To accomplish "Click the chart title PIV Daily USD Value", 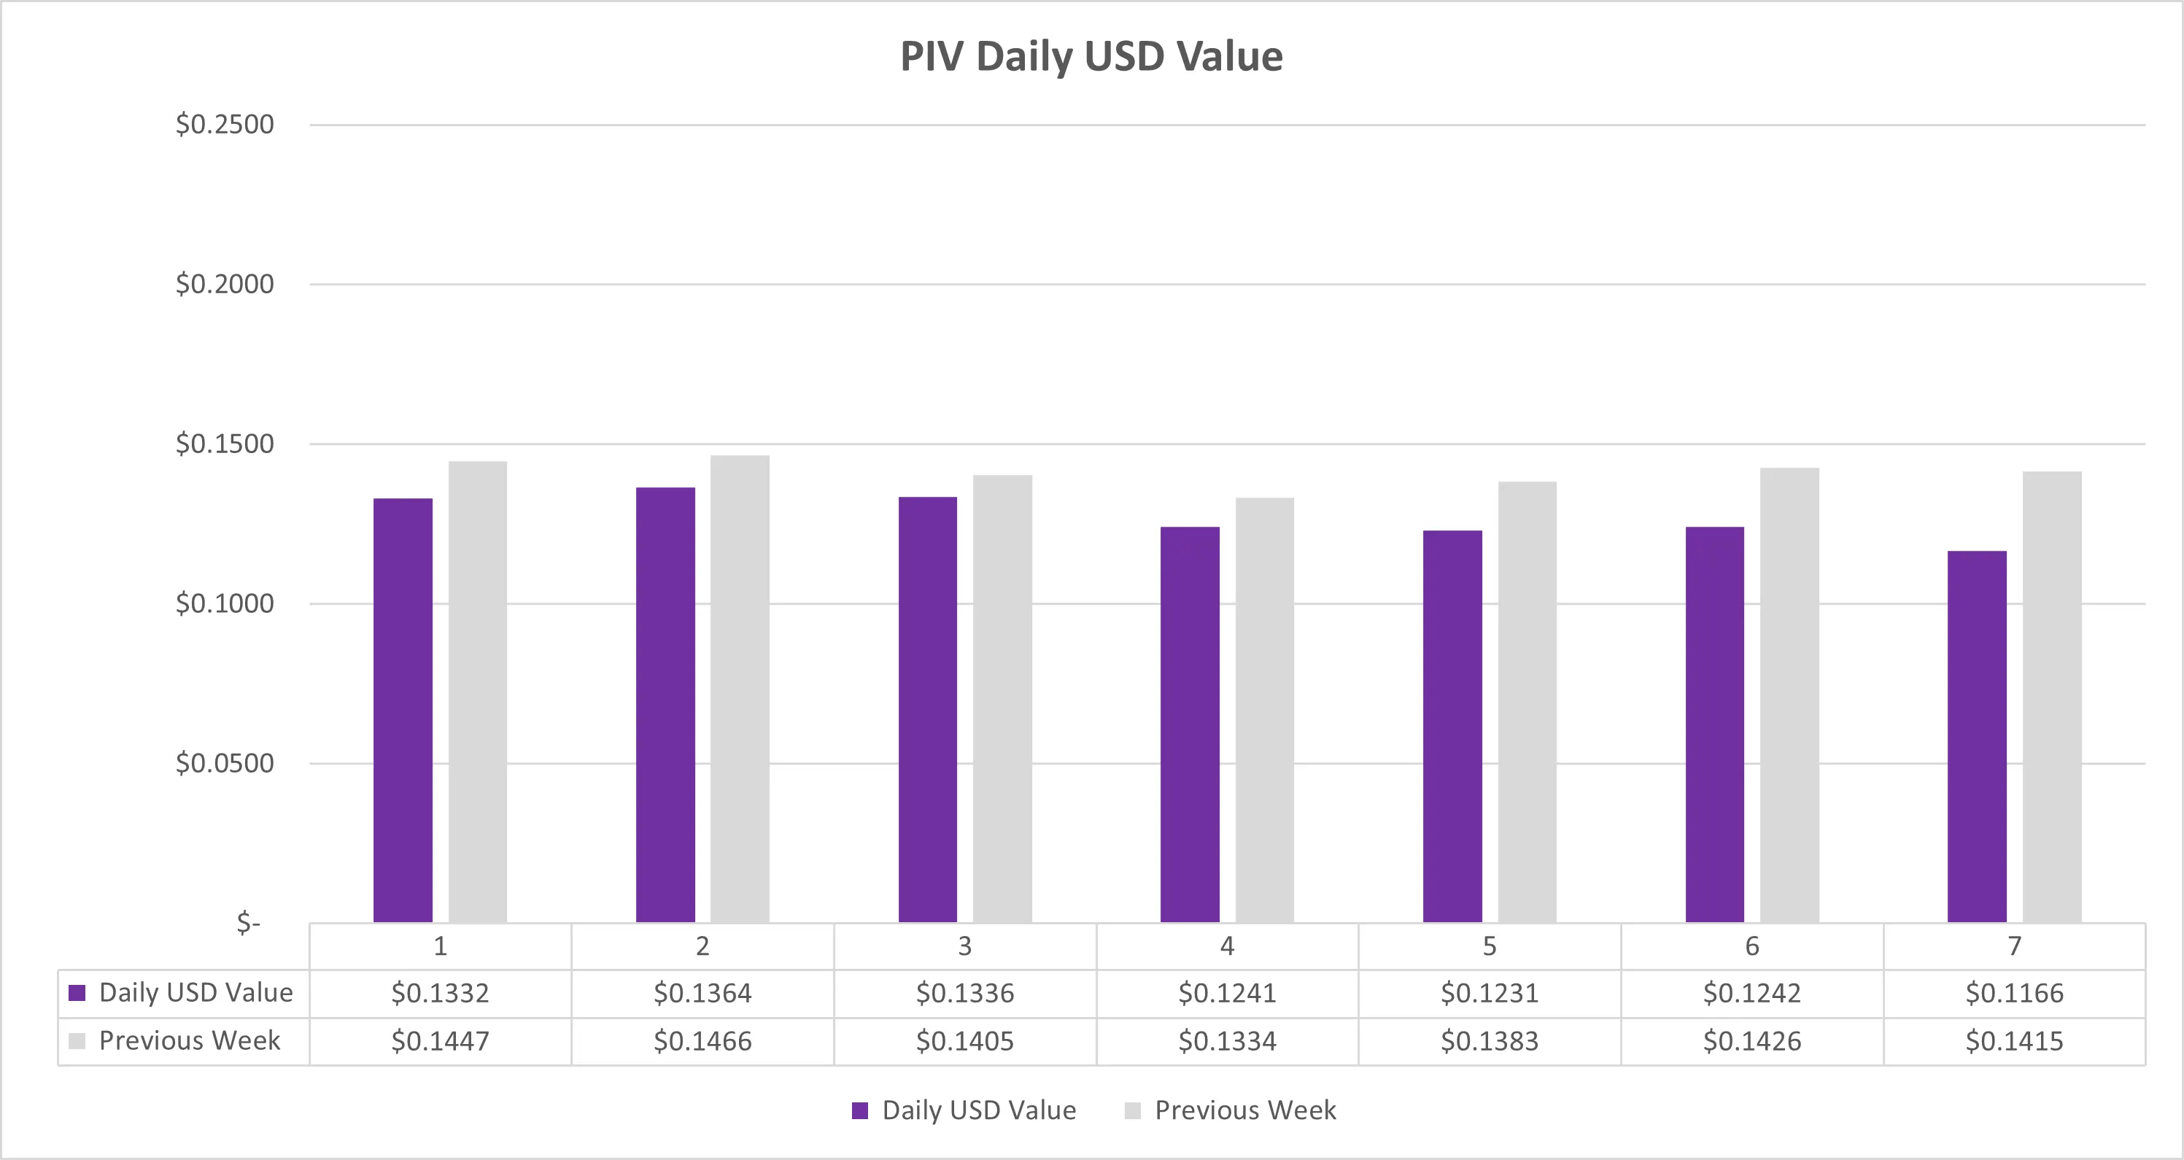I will [1091, 57].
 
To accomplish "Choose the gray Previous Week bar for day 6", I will [1789, 695].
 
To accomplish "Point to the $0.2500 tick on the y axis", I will [225, 125].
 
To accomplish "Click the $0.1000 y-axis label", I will [225, 604].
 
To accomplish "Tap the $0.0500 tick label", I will [225, 763].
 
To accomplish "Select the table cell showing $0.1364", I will [702, 993].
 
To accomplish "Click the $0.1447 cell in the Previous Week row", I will [440, 1041].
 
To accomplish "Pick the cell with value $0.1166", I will [2015, 993].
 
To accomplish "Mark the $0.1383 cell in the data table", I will [1490, 1041].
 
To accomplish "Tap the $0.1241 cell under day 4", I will [1227, 993].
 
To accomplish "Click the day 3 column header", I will [965, 946].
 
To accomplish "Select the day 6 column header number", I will [1751, 946].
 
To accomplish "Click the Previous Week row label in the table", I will [189, 1040].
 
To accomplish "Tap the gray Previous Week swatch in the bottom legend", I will [1133, 1111].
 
